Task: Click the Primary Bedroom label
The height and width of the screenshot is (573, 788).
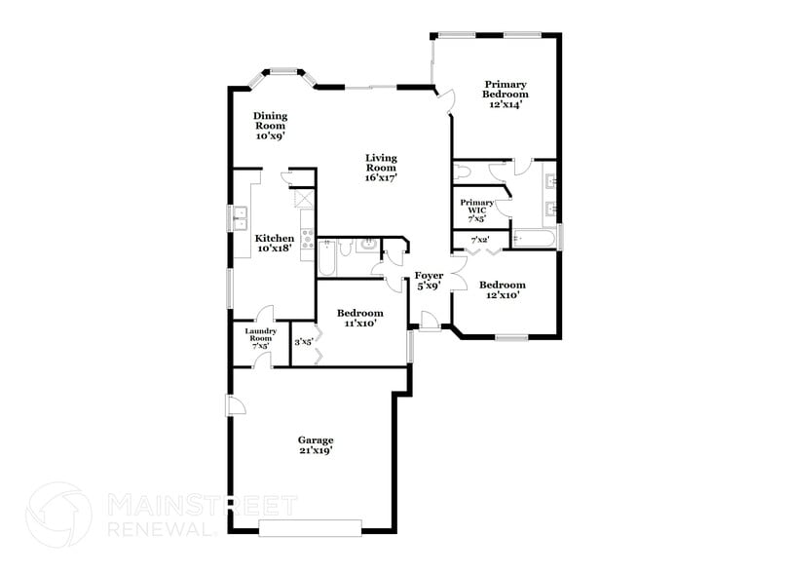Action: [506, 94]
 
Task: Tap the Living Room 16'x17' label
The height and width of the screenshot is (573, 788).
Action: [382, 168]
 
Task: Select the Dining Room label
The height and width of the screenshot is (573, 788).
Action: [271, 126]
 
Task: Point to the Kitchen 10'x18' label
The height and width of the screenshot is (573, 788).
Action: [275, 244]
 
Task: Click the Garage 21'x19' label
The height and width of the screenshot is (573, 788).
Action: [316, 446]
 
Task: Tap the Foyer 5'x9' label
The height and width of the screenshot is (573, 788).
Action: [429, 281]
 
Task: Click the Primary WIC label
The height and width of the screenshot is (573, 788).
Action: [477, 210]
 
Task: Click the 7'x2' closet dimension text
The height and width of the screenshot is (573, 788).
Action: [480, 240]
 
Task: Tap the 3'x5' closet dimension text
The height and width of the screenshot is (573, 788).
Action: [303, 342]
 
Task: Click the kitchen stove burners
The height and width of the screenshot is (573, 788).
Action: [308, 240]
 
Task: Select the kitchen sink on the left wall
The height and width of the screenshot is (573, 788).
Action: [240, 220]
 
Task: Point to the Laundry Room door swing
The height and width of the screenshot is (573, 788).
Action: [260, 360]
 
